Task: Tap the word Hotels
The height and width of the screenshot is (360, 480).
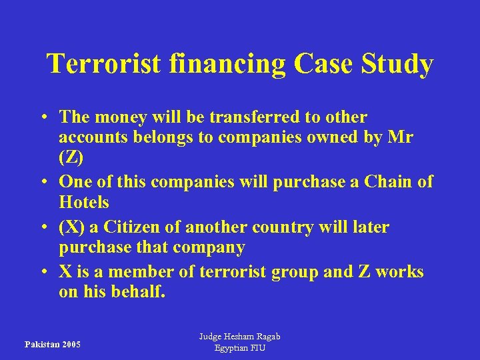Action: (x=84, y=202)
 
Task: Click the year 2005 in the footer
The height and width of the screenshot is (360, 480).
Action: (x=69, y=345)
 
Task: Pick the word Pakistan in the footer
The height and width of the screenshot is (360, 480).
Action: (x=41, y=345)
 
